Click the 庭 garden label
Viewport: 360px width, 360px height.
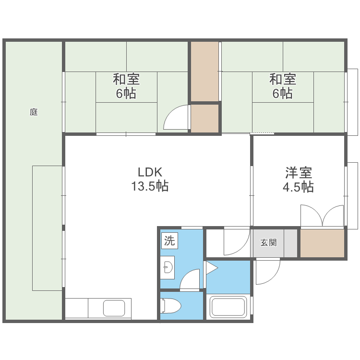(x=34, y=112)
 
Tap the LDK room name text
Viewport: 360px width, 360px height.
(x=150, y=172)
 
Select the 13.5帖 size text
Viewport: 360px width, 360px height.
(x=150, y=187)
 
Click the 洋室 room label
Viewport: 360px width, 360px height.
(x=298, y=172)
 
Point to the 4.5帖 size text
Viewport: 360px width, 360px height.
(x=298, y=187)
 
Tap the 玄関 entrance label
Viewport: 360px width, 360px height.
(x=268, y=242)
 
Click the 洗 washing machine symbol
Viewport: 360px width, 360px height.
(x=169, y=240)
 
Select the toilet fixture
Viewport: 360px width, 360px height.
(x=171, y=305)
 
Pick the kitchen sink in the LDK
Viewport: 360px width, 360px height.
(x=117, y=308)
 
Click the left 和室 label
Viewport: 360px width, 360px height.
(x=126, y=78)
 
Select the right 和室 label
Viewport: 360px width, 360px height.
(x=282, y=78)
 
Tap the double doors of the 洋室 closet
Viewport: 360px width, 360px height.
(x=323, y=216)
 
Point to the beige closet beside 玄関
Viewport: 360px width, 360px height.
(x=323, y=243)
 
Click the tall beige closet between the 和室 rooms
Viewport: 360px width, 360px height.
(x=205, y=72)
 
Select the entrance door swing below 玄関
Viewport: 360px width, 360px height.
(x=267, y=271)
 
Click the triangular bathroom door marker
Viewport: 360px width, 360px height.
(x=211, y=268)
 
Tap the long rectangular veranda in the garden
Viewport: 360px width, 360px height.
(x=48, y=228)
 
